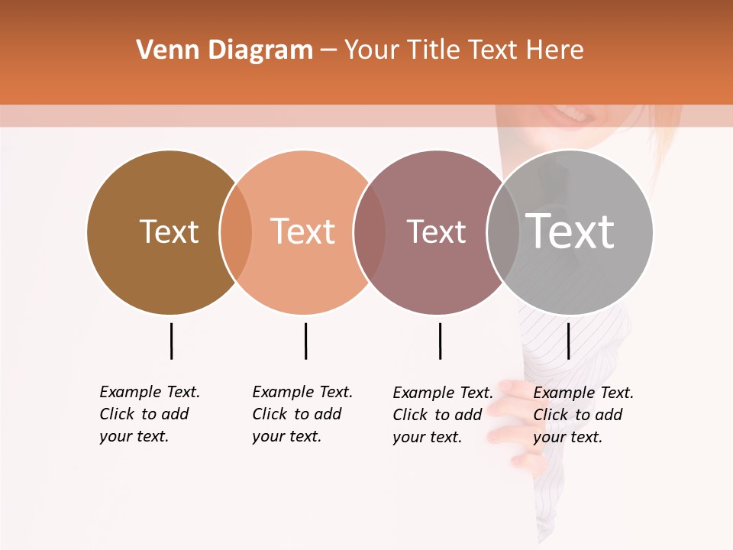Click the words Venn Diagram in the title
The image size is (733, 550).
pyautogui.click(x=224, y=50)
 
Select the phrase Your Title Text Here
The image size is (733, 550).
pyautogui.click(x=463, y=50)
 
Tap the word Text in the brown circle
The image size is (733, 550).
pyautogui.click(x=169, y=231)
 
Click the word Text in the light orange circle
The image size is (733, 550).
pyautogui.click(x=302, y=231)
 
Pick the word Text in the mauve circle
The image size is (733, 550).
pyautogui.click(x=436, y=231)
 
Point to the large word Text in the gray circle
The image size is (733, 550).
pyautogui.click(x=570, y=231)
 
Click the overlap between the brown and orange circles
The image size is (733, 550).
pyautogui.click(x=236, y=231)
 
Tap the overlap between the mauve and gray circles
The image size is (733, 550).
pyautogui.click(x=503, y=231)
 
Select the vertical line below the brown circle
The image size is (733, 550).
pyautogui.click(x=171, y=341)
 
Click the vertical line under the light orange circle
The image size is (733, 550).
pyautogui.click(x=305, y=341)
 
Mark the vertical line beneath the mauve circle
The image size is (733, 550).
pyautogui.click(x=440, y=341)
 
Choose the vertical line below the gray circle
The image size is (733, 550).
pyautogui.click(x=568, y=341)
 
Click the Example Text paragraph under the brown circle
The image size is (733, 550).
pyautogui.click(x=149, y=414)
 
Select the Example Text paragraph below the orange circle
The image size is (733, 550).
pyautogui.click(x=302, y=414)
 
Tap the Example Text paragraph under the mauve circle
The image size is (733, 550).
pyautogui.click(x=442, y=415)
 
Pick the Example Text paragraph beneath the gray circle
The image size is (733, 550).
pyautogui.click(x=583, y=415)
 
